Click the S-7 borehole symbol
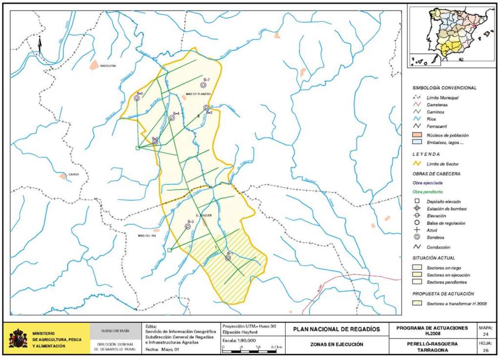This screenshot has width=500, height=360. click(x=203, y=85)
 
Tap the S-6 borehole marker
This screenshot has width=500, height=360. click(x=137, y=98)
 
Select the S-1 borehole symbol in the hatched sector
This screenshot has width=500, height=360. click(x=228, y=258)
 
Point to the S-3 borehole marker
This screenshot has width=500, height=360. click(x=188, y=226)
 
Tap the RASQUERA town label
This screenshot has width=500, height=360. click(x=107, y=65)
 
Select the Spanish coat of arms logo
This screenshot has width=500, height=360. click(x=18, y=338)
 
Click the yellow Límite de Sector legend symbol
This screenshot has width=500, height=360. click(x=417, y=164)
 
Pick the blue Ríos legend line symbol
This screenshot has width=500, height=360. click(x=417, y=119)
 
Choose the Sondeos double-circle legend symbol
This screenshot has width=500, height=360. click(x=417, y=238)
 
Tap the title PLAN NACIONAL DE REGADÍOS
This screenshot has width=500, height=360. click(x=337, y=329)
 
